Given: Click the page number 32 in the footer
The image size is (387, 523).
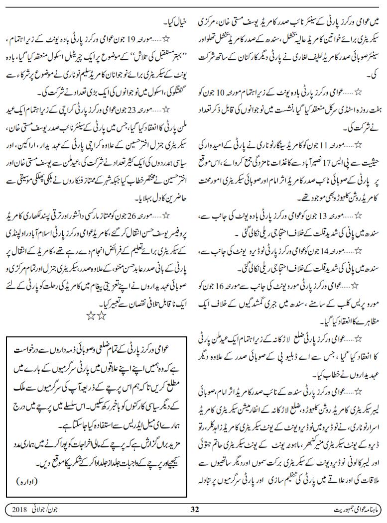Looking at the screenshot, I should point(195,509).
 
